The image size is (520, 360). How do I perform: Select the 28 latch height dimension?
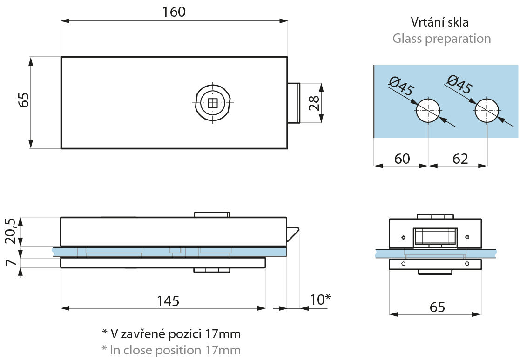click(313, 103)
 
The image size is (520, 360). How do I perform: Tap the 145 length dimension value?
click(168, 301)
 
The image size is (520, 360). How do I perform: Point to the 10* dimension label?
click(320, 300)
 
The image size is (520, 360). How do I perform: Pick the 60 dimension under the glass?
click(402, 159)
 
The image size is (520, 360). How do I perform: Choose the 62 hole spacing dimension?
click(459, 159)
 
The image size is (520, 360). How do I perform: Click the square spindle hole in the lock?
click(212, 103)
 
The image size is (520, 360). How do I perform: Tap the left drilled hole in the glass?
click(428, 111)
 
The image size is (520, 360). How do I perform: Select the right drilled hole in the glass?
click(486, 111)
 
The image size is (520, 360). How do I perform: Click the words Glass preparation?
click(441, 38)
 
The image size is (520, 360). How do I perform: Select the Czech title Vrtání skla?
click(439, 22)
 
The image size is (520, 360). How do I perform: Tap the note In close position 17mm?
click(171, 350)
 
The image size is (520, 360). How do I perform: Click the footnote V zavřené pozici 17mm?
click(171, 333)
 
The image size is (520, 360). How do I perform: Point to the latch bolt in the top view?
click(293, 103)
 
